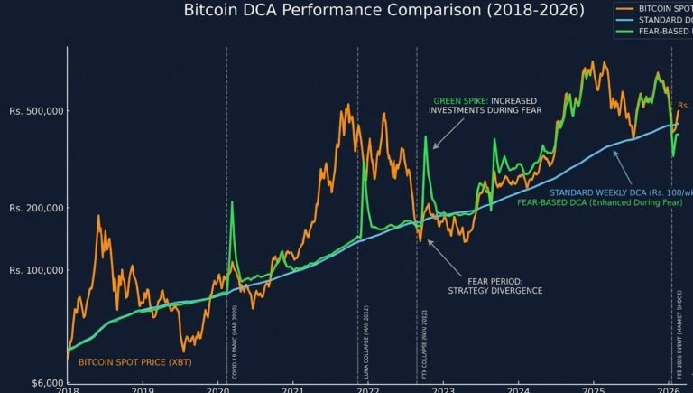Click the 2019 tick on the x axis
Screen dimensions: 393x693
pyautogui.click(x=143, y=389)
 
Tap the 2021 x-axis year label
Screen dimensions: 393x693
pyautogui.click(x=291, y=389)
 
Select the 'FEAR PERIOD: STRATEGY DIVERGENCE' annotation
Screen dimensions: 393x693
pyautogui.click(x=494, y=285)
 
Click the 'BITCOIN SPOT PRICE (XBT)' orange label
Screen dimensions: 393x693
pyautogui.click(x=134, y=362)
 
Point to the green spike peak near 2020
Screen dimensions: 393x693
pyautogui.click(x=232, y=202)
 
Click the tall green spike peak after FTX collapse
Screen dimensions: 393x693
pyautogui.click(x=425, y=137)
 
